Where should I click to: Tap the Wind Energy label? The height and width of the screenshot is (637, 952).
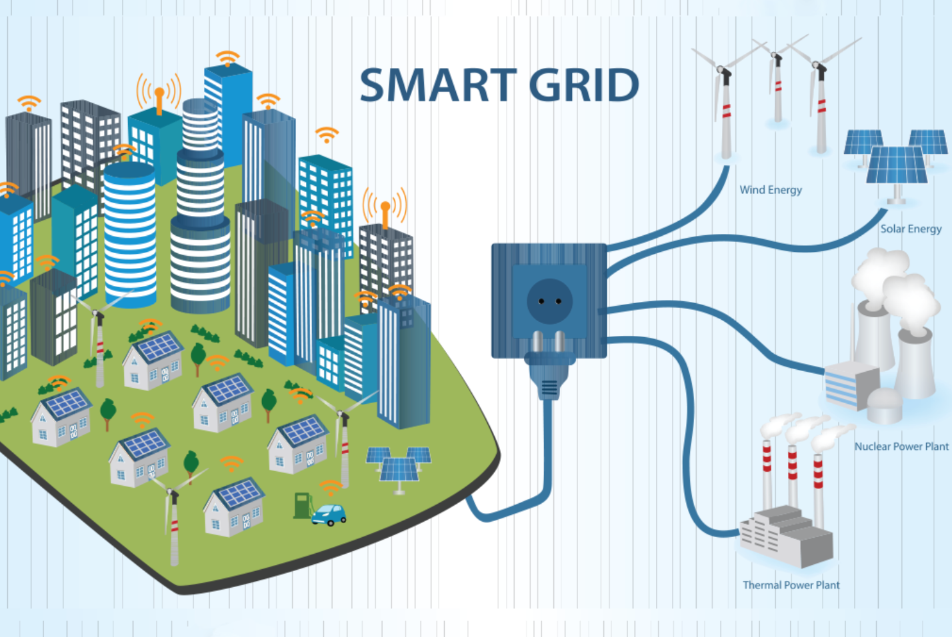tap(771, 190)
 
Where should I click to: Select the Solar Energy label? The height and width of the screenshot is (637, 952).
tap(911, 229)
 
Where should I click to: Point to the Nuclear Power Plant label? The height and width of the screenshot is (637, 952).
tap(901, 446)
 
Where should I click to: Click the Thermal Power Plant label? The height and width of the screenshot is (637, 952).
tap(791, 585)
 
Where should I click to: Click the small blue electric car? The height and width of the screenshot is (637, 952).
tap(329, 514)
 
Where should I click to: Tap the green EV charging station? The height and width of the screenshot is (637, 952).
tap(303, 505)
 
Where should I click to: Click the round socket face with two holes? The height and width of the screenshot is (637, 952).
tap(549, 301)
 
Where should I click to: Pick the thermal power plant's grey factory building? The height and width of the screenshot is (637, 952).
tap(786, 536)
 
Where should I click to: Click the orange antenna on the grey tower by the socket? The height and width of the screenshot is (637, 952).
tap(385, 215)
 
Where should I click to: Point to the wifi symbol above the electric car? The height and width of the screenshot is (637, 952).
tap(331, 488)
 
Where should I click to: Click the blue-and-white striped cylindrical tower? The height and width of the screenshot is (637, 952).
tap(129, 235)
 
